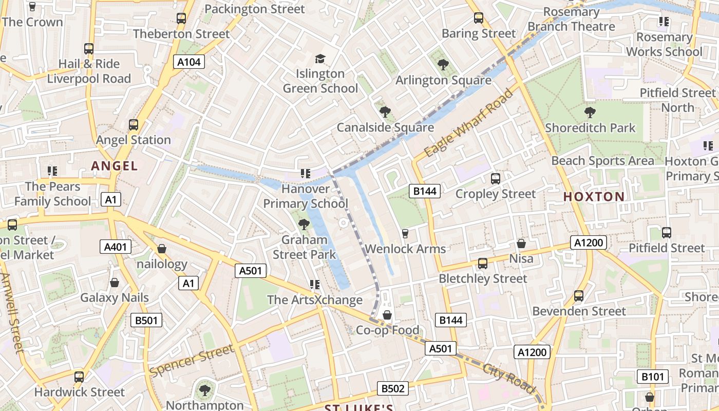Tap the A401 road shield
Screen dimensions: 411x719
(x=115, y=247)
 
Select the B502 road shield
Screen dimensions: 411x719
(x=393, y=388)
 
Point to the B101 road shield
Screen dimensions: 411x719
(x=653, y=377)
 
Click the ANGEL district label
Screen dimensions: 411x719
(x=114, y=166)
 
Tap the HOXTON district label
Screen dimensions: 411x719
(x=594, y=196)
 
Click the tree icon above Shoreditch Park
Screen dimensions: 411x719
(x=590, y=112)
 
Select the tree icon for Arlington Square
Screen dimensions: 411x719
(x=443, y=65)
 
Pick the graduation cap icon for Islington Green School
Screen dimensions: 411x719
(x=320, y=59)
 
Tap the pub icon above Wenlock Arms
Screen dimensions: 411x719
(x=405, y=234)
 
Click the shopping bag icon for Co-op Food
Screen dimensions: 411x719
(x=387, y=315)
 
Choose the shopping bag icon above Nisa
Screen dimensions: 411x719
(x=521, y=244)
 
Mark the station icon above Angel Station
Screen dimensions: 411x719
(x=133, y=124)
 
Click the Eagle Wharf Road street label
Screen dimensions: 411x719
(x=468, y=123)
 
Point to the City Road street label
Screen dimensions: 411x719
(x=509, y=378)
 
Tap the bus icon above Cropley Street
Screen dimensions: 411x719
(x=496, y=179)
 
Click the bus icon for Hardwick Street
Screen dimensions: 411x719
(x=79, y=377)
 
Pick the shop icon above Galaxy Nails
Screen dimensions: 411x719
(x=115, y=283)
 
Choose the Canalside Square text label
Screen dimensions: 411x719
(x=385, y=127)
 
